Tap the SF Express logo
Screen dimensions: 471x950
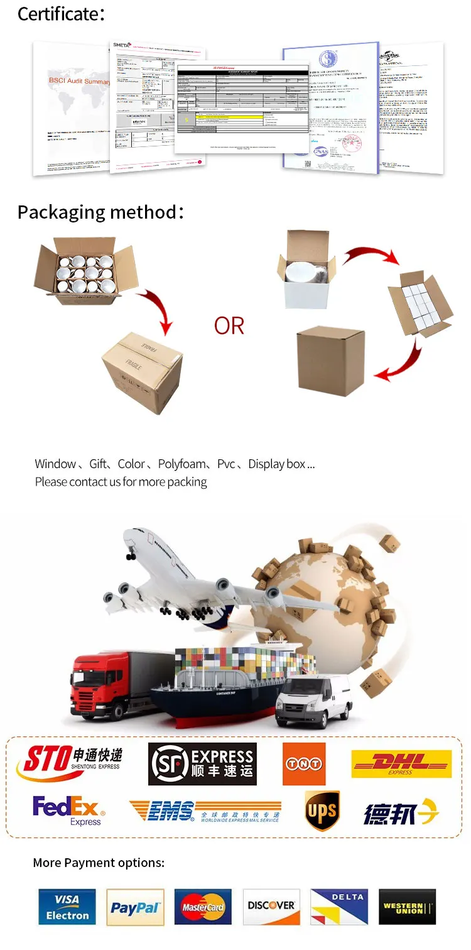[202, 763]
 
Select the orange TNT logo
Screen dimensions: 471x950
[304, 764]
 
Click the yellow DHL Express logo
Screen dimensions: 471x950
[401, 763]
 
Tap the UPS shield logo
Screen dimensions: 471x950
[322, 811]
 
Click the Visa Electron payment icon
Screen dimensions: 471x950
[67, 907]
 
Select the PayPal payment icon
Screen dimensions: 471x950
[135, 907]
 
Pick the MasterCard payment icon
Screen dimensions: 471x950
[203, 907]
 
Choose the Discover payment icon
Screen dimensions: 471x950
[271, 907]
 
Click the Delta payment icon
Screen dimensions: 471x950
[339, 907]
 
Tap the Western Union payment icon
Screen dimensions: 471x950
[407, 907]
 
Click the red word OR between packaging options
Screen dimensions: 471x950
[229, 326]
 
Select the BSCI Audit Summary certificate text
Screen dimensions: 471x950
[80, 81]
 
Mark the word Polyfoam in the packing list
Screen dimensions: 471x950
[181, 464]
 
